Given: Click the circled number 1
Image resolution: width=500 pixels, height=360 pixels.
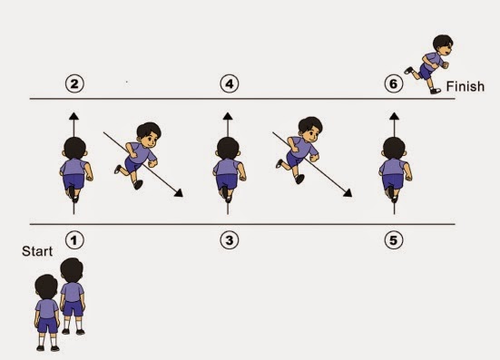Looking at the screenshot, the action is point(74,240).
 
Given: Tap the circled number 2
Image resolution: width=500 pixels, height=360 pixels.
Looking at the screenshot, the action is point(74,83).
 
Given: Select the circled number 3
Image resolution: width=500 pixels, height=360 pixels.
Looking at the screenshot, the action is point(230,240).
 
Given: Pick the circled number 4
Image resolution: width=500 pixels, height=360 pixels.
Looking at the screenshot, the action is point(230,83).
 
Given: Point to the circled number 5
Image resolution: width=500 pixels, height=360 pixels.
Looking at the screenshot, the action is point(394,240).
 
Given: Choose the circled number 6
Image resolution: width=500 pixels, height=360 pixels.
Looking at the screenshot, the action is point(394,83).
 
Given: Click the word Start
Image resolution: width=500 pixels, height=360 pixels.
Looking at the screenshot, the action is point(37,251).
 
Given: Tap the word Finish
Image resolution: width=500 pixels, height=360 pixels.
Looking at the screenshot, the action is point(466,86).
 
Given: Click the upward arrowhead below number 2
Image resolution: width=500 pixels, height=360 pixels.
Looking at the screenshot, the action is point(74,116).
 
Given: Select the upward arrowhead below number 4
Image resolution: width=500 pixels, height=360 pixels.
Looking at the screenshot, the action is point(228,116).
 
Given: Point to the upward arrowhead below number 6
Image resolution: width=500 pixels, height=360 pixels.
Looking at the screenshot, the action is point(394,116).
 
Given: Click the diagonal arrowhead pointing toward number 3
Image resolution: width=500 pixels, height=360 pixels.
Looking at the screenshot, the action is point(179,193).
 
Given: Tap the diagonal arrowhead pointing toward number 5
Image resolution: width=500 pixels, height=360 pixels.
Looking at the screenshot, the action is point(348,193).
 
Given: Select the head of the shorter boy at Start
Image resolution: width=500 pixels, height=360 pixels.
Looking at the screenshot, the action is point(46,287).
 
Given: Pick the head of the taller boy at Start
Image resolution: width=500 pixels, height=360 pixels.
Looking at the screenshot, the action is point(72,270).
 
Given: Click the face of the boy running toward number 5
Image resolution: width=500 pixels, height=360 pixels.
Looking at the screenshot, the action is point(311,134).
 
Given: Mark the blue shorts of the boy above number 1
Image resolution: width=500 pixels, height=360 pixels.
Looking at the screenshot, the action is point(74,181).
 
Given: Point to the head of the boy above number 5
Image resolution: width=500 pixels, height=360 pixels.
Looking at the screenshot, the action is point(394,149).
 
